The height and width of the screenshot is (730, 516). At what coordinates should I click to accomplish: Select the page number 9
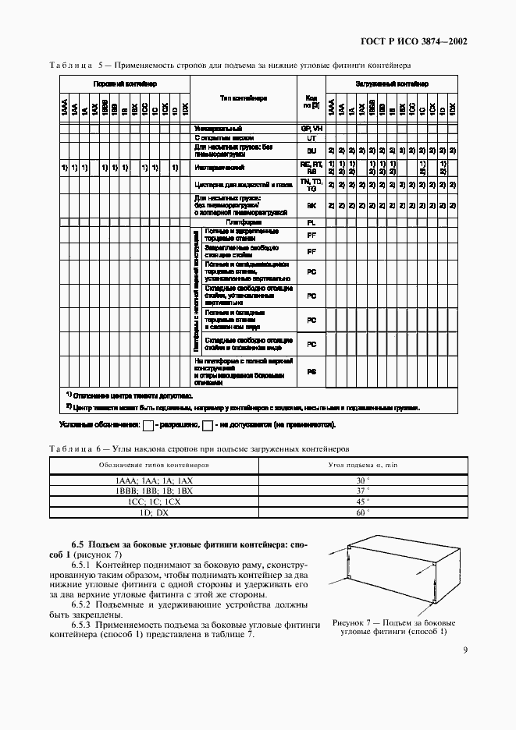(464, 650)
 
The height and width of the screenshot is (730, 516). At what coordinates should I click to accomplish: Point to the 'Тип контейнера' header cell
(244, 99)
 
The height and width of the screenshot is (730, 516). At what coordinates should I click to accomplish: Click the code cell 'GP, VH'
(311, 127)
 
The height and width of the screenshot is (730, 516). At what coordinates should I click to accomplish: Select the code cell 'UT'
(311, 137)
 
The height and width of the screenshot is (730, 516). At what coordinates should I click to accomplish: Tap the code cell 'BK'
(311, 206)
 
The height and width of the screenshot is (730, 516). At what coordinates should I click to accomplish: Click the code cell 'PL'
(311, 222)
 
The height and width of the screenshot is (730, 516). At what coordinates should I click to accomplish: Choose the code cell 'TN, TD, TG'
(311, 185)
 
